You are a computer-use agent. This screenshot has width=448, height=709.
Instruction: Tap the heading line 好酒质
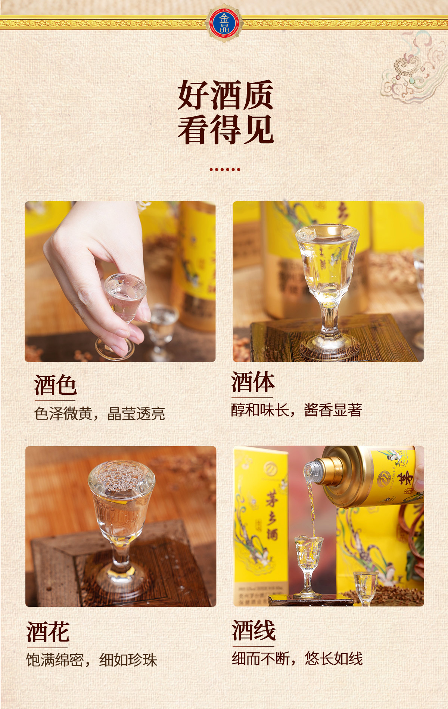225,95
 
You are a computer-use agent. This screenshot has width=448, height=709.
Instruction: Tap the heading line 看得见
225,130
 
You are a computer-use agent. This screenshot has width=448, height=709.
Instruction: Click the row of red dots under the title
225,169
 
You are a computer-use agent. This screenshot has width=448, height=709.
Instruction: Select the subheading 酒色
56,385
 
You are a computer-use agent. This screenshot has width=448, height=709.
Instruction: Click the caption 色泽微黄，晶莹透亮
99,413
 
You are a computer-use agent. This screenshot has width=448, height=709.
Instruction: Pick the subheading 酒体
253,382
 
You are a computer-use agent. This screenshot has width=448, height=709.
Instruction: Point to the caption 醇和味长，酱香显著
296,410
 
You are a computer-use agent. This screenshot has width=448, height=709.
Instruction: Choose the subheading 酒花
48,631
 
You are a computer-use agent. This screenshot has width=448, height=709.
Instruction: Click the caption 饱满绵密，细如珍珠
91,660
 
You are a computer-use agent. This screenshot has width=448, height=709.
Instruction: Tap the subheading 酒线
253,630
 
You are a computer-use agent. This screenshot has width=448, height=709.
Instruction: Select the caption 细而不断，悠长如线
297,658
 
